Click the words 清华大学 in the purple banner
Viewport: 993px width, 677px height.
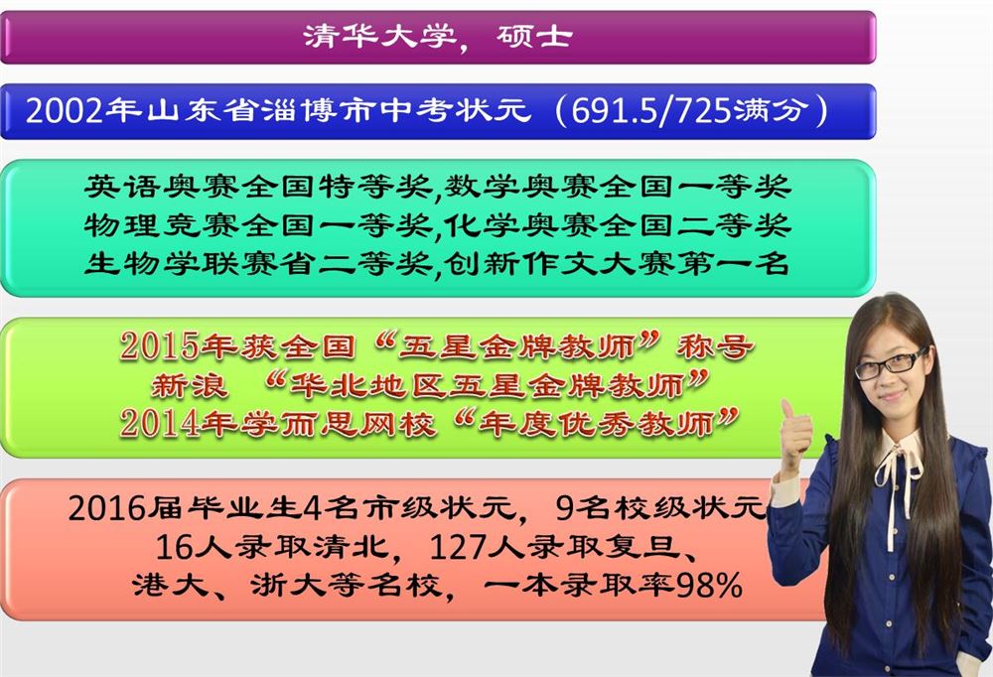(380, 36)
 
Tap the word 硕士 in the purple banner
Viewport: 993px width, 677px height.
(534, 36)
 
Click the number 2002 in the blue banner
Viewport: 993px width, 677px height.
(64, 111)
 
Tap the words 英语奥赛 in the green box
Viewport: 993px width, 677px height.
(162, 187)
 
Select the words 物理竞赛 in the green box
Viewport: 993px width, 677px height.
(162, 224)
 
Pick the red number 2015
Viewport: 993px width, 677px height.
(159, 346)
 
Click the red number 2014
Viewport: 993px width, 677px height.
(159, 423)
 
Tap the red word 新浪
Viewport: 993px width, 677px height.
(190, 385)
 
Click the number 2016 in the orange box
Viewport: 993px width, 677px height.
(107, 508)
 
